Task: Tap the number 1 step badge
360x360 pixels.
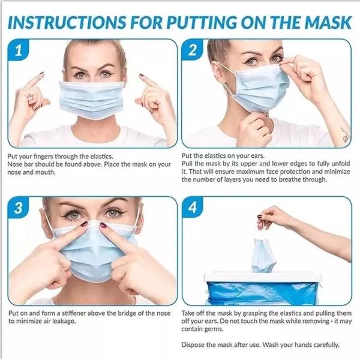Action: point(19,52)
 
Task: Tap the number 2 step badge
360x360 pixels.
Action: point(193,52)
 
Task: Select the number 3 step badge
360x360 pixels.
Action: point(19,209)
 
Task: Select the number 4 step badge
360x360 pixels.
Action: point(193,209)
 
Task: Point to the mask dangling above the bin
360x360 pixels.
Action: point(263,254)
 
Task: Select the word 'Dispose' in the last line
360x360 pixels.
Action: point(193,345)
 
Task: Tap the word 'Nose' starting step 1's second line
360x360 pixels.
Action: point(14,164)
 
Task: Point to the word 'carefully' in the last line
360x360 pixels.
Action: point(325,345)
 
